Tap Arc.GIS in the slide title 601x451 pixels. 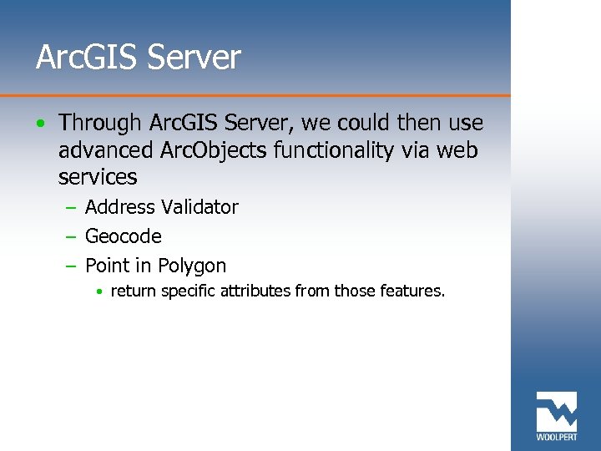tap(86, 58)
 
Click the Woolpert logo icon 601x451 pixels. tap(556, 411)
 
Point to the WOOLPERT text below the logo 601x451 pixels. tap(556, 438)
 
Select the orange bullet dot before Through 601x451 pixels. tap(41, 124)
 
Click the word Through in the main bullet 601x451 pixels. tap(100, 123)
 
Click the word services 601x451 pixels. tap(98, 177)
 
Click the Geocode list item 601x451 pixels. tap(123, 236)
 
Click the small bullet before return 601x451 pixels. tap(99, 292)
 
